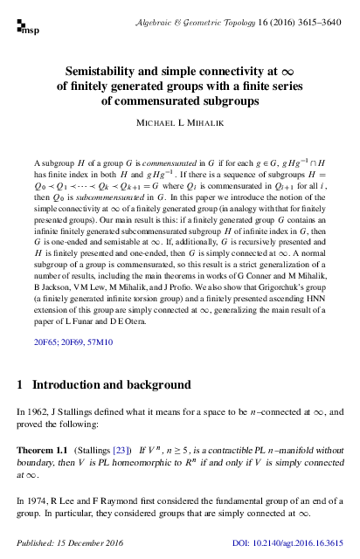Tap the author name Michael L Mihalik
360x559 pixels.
pos(179,125)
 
